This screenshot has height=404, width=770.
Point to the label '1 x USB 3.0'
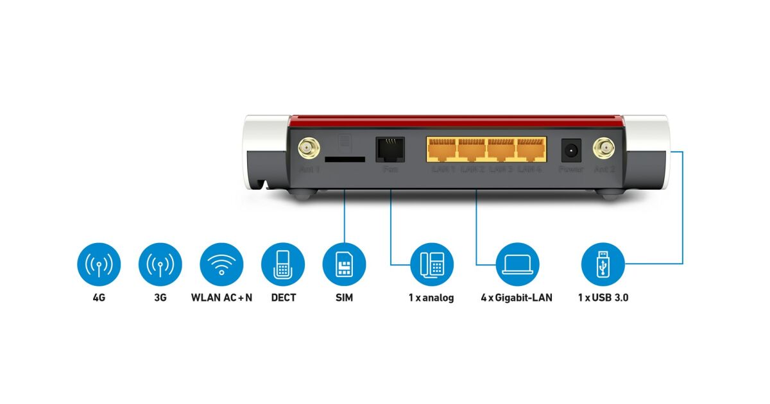click(x=603, y=298)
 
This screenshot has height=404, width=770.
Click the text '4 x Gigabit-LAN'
click(x=517, y=298)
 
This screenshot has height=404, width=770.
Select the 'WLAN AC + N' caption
click(x=221, y=298)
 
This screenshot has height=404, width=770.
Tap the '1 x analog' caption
click(x=431, y=298)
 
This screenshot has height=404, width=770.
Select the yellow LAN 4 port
click(x=531, y=150)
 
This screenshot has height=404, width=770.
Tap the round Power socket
click(x=570, y=151)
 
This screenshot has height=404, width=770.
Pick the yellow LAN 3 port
click(x=502, y=150)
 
